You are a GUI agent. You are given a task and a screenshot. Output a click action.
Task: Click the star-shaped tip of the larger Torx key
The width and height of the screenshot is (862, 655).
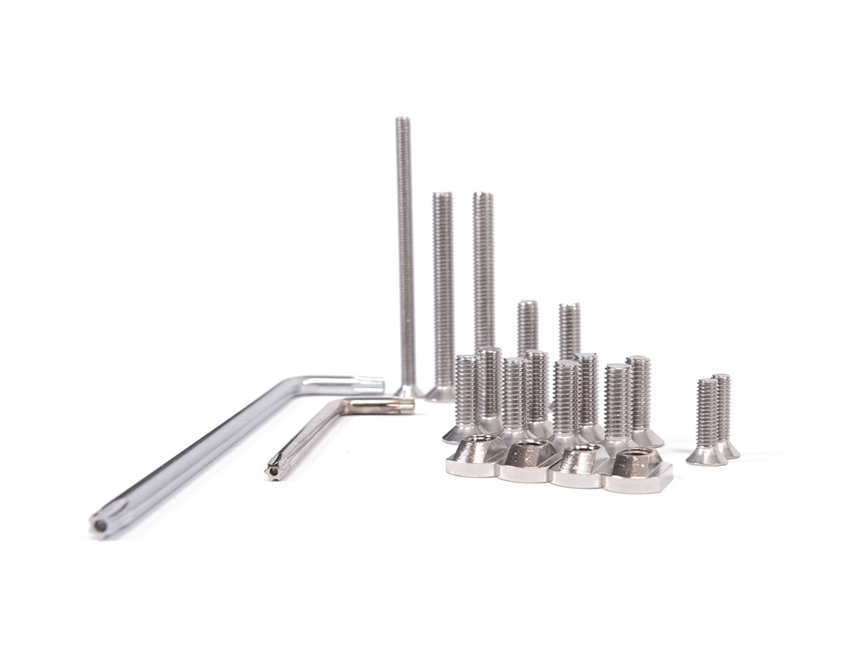click(101, 525)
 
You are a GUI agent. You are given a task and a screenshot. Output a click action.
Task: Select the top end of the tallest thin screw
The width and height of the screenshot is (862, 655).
click(403, 121)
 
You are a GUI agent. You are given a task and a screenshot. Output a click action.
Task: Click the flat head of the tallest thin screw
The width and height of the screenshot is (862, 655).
click(408, 392)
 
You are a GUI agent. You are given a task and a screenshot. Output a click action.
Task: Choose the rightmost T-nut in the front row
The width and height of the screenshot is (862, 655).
click(638, 472)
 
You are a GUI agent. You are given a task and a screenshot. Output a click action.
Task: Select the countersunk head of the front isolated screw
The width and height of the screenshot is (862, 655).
click(705, 456)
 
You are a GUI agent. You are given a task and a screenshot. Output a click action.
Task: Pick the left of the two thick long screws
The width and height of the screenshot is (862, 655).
click(443, 290)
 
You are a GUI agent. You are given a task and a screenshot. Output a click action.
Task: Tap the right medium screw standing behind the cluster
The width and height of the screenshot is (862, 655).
click(570, 330)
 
